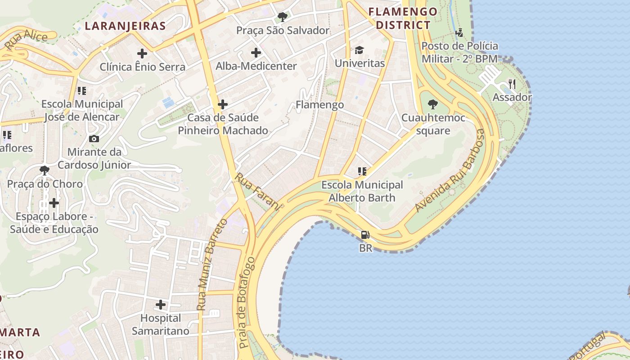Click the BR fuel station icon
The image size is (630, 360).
pyautogui.click(x=365, y=234)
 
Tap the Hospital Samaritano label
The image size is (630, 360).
pyautogui.click(x=161, y=324)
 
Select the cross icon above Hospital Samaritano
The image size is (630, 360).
pyautogui.click(x=161, y=305)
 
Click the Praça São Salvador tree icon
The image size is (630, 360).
pyautogui.click(x=283, y=17)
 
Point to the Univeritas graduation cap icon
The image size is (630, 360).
pyautogui.click(x=359, y=49)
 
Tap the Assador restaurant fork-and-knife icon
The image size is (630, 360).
pyautogui.click(x=512, y=84)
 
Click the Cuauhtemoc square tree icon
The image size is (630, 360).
pyautogui.click(x=432, y=104)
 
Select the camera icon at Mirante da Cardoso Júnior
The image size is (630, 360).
pyautogui.click(x=94, y=139)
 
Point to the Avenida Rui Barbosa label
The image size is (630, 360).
pyautogui.click(x=450, y=171)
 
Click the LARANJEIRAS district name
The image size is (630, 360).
pyautogui.click(x=126, y=26)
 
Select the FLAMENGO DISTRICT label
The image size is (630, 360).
pyautogui.click(x=403, y=18)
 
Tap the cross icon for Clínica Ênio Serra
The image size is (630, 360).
pyautogui.click(x=142, y=54)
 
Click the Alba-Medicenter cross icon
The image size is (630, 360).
pyautogui.click(x=256, y=53)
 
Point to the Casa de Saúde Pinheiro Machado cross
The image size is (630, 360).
pyautogui.click(x=223, y=105)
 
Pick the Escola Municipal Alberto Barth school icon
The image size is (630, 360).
pyautogui.click(x=362, y=171)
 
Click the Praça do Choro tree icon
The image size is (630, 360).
pyautogui.click(x=45, y=170)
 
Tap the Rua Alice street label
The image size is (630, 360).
pyautogui.click(x=26, y=40)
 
